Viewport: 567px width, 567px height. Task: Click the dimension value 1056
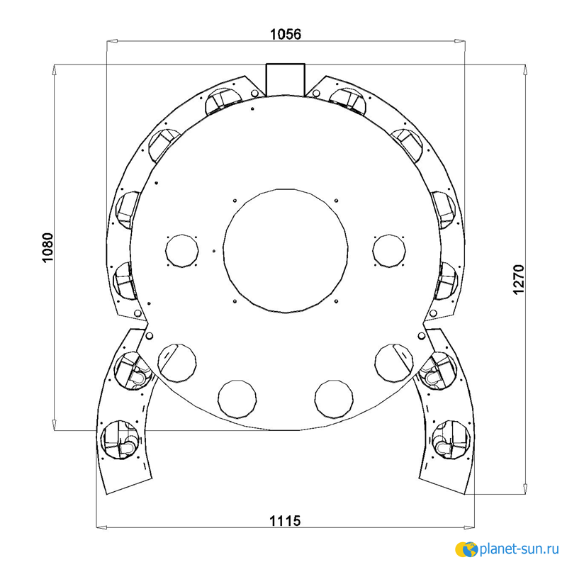coord(286,34)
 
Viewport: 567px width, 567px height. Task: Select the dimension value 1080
coord(47,247)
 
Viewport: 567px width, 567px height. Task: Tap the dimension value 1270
coord(519,279)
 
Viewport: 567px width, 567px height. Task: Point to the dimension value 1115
coord(285,521)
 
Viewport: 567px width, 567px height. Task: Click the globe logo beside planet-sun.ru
coord(467,549)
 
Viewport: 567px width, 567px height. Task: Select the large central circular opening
coord(286,251)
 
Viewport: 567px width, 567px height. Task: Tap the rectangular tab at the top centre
coord(286,79)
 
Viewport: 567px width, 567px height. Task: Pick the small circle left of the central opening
coord(182,251)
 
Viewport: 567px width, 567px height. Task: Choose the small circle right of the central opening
coord(389,251)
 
